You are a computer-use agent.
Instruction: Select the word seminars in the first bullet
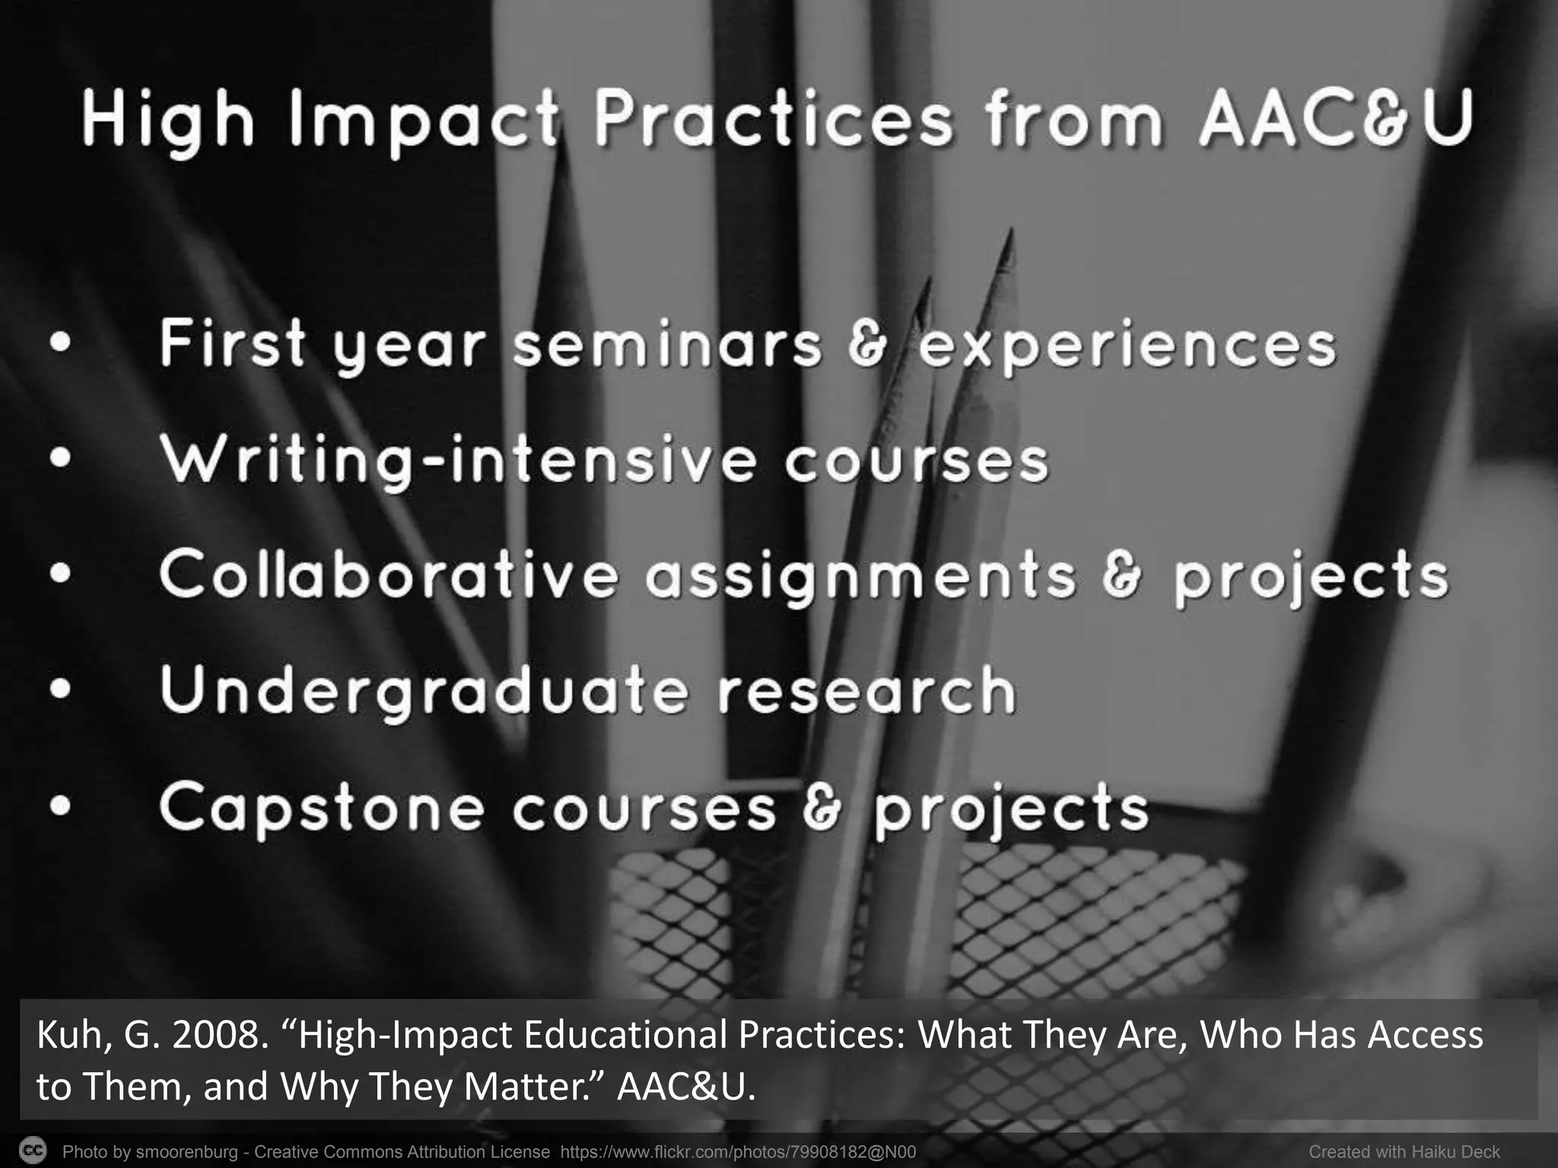tap(667, 346)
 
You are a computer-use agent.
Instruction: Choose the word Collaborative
tap(388, 575)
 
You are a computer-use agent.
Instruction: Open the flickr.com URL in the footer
tap(738, 1152)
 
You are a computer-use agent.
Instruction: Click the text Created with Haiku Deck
tap(1404, 1152)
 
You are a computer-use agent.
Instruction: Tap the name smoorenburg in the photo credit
tap(186, 1152)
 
